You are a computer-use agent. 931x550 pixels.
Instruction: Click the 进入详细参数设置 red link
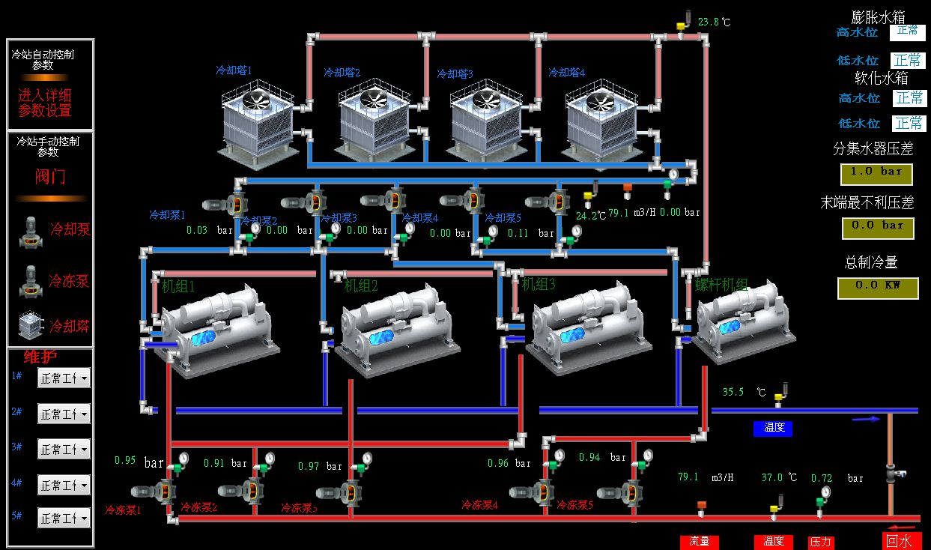pos(45,103)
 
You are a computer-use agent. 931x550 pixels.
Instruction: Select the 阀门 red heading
pos(50,177)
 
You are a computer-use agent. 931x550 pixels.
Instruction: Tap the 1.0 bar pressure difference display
pos(877,172)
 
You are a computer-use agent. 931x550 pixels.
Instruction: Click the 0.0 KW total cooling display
pos(877,287)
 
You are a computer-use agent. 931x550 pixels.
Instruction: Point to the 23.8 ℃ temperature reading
pos(713,22)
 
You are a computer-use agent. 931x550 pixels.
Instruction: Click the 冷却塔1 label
pos(234,70)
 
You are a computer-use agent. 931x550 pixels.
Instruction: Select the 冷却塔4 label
pos(566,73)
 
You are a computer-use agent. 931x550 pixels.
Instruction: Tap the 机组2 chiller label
pos(361,285)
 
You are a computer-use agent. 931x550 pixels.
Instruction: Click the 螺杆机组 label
pos(722,285)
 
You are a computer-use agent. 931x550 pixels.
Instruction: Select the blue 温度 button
pos(773,429)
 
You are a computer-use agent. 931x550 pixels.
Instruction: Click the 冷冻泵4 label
pos(479,505)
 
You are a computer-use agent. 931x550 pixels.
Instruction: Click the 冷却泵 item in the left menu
pos(70,229)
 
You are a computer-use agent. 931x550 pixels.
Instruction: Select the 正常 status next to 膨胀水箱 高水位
pos(908,31)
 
